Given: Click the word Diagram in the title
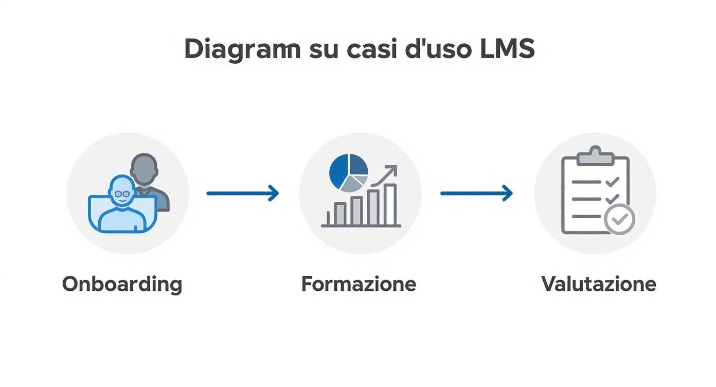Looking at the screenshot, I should (242, 50).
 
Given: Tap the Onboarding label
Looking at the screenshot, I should (122, 284).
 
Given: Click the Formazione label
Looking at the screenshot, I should (359, 284).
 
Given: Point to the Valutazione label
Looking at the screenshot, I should (598, 284).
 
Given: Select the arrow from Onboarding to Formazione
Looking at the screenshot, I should (242, 193).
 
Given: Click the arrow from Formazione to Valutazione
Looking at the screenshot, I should (476, 193).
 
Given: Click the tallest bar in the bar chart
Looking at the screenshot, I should (390, 204).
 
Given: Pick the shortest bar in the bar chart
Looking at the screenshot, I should (339, 214).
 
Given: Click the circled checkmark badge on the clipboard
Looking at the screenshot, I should (619, 219).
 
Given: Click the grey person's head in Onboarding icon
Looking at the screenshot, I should (144, 168).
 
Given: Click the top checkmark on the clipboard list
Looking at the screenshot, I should (612, 182).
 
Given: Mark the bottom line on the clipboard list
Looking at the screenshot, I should (586, 216).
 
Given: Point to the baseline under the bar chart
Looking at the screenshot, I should (361, 226).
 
